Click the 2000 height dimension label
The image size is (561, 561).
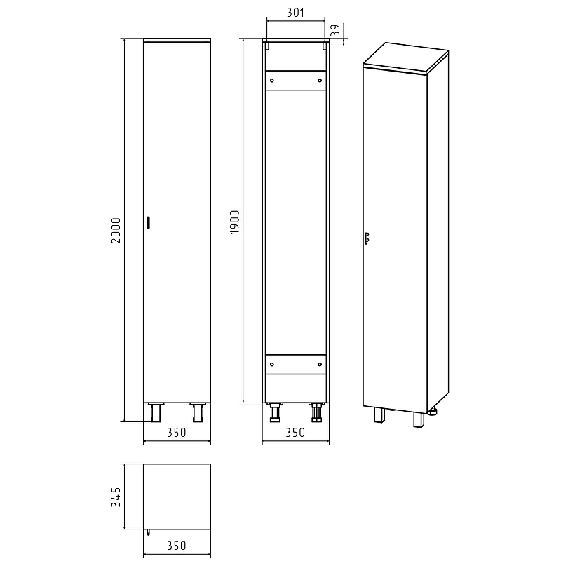(x=116, y=231)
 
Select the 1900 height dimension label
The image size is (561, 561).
(x=235, y=222)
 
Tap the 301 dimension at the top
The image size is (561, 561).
(x=295, y=13)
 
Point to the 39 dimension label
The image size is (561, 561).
(x=335, y=30)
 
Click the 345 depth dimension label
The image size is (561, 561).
(x=116, y=497)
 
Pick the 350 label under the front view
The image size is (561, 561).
(x=177, y=433)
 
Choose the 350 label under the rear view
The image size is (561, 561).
(x=295, y=433)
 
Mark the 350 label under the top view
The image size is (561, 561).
(x=177, y=546)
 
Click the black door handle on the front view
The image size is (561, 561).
(x=148, y=222)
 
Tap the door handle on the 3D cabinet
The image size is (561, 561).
(x=366, y=238)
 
